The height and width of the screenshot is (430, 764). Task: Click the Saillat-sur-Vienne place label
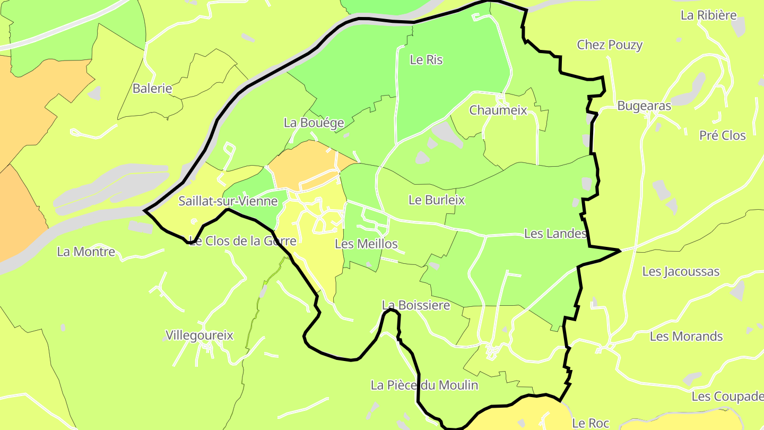click(x=228, y=201)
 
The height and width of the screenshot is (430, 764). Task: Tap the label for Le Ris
click(x=426, y=60)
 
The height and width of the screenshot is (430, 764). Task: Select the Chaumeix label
click(x=498, y=110)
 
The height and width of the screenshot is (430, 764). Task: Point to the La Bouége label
click(x=314, y=123)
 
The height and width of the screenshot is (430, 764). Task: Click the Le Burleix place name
click(x=436, y=200)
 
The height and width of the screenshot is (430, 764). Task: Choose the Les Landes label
click(x=555, y=234)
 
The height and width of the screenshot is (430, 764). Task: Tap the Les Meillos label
click(x=366, y=244)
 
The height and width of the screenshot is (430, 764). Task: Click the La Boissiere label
click(x=416, y=305)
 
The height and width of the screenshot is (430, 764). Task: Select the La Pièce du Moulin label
click(x=424, y=385)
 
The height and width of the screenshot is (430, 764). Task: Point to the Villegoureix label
click(x=199, y=336)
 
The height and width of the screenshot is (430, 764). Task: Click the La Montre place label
click(x=86, y=252)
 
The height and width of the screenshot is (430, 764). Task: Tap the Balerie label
click(x=152, y=89)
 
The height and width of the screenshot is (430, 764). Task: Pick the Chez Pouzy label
click(x=610, y=45)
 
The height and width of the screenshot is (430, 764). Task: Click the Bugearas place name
click(x=644, y=106)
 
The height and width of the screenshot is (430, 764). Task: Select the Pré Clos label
click(x=722, y=135)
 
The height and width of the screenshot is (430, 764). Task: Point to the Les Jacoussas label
click(x=681, y=272)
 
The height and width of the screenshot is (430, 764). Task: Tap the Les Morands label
click(x=686, y=337)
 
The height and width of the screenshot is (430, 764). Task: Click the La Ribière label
click(x=709, y=15)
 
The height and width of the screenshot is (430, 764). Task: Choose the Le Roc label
click(x=591, y=423)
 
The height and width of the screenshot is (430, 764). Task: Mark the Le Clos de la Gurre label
click(x=242, y=241)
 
